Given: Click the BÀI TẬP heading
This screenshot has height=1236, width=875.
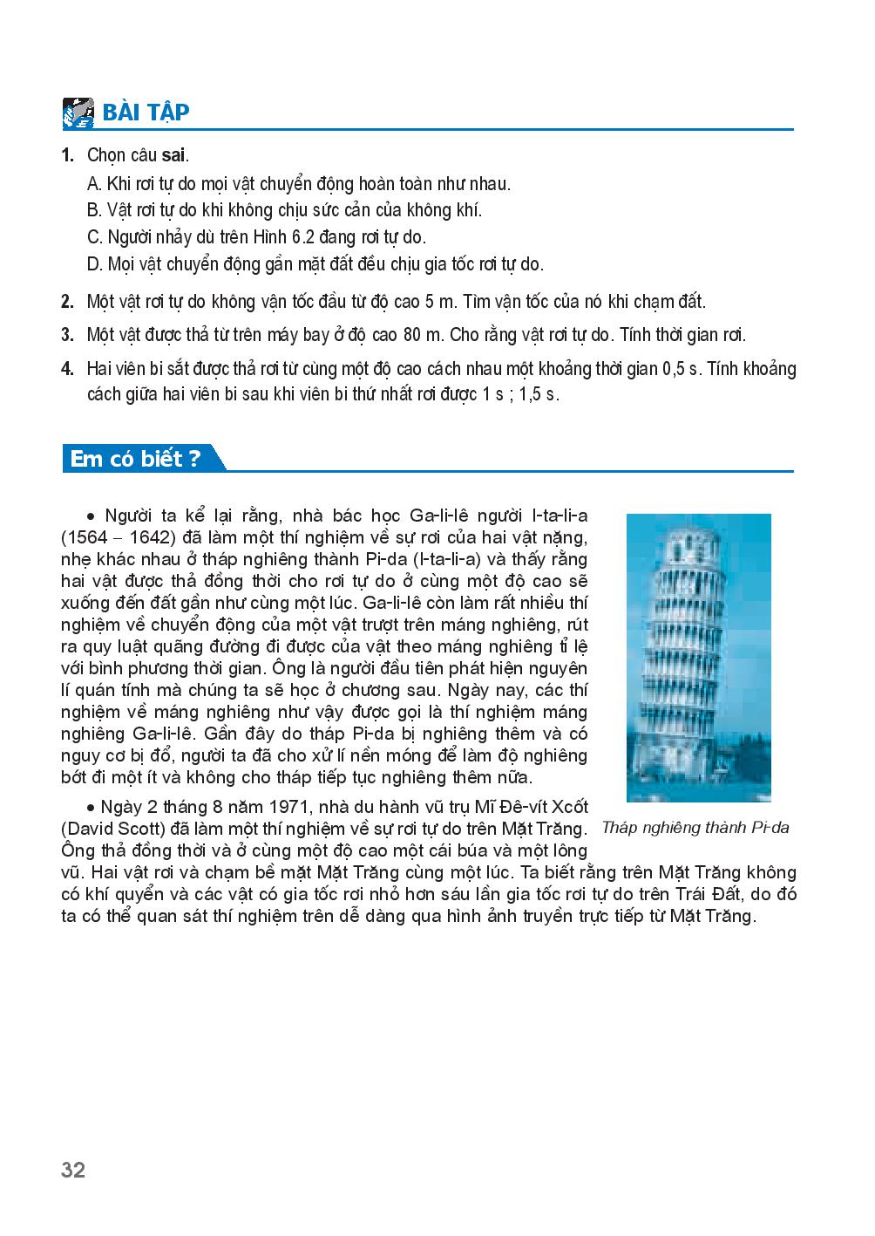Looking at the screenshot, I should [146, 113].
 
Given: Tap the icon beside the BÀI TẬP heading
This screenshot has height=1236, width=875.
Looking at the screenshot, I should [78, 113].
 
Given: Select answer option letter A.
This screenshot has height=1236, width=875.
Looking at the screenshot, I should [95, 183].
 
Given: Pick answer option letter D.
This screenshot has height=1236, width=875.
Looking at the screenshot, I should [95, 263].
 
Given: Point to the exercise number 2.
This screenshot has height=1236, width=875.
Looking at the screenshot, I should [67, 302].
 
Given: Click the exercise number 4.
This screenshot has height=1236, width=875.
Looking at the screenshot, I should [67, 368].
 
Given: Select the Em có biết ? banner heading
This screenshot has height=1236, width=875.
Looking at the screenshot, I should [136, 459].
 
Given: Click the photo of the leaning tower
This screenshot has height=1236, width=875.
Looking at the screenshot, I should [698, 657].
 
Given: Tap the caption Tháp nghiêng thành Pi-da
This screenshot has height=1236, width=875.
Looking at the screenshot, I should [695, 827].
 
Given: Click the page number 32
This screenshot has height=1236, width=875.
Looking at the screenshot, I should [74, 1170].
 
